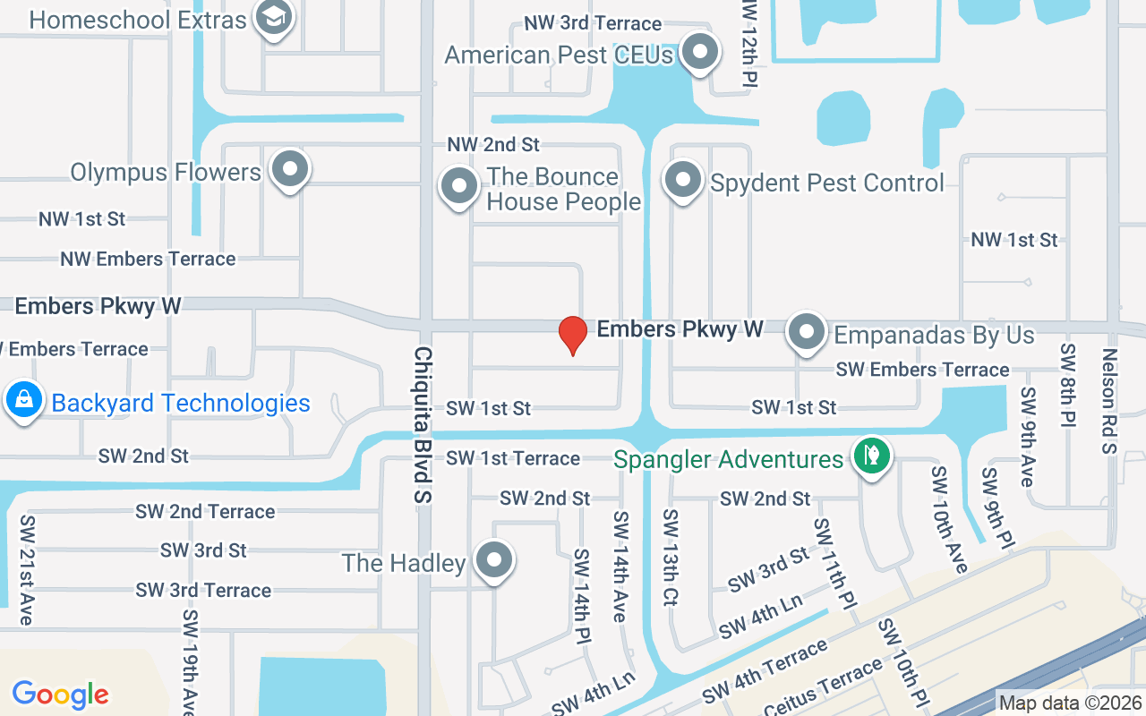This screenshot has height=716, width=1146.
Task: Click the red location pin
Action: [x=572, y=335]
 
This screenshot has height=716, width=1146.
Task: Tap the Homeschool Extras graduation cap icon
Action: [x=273, y=17]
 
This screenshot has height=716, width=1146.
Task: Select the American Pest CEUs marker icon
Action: [x=699, y=53]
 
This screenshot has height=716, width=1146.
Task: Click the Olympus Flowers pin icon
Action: [x=289, y=168]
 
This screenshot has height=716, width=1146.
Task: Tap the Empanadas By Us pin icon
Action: [x=806, y=332]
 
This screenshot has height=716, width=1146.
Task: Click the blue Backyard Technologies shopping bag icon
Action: [x=23, y=400]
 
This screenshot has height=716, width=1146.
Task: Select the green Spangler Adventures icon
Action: [x=870, y=456]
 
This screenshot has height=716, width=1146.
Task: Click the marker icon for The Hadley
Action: [x=493, y=560]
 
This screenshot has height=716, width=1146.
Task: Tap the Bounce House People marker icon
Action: [x=460, y=187]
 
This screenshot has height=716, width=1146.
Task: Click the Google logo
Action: [x=61, y=694]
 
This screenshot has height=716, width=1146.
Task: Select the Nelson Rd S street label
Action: [x=1109, y=400]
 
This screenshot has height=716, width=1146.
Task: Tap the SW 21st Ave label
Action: [x=28, y=570]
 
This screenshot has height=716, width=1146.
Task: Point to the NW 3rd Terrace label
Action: [x=593, y=23]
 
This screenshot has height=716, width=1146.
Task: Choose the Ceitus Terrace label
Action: [x=823, y=687]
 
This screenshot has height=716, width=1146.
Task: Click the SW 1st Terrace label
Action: [x=513, y=458]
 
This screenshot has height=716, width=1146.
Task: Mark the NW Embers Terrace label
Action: [x=148, y=259]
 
